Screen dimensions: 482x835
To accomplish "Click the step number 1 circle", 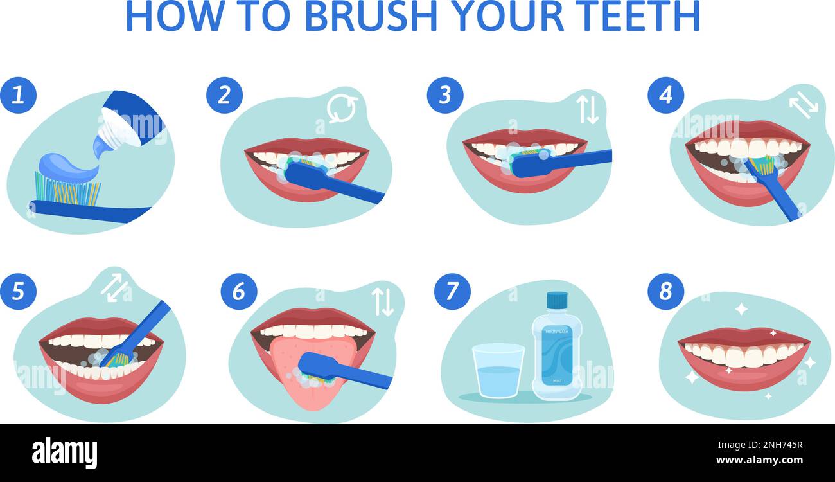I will point(18,95).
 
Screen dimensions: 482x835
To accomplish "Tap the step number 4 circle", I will point(665,95).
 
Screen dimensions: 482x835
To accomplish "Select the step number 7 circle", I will point(452,291).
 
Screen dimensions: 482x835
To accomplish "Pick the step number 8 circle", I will point(665,291).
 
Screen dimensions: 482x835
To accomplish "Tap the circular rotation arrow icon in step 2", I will point(342,109).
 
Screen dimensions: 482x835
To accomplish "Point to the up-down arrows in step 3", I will point(586,109).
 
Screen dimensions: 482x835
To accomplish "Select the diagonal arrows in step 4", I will point(803,104).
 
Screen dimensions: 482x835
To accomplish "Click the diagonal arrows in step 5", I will point(116,287).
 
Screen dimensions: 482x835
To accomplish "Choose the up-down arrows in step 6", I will point(383,301).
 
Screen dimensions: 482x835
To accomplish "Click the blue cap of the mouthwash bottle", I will point(557,300).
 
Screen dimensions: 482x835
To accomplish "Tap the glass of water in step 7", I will point(498,371).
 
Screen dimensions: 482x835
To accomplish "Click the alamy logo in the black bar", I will point(64,452).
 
